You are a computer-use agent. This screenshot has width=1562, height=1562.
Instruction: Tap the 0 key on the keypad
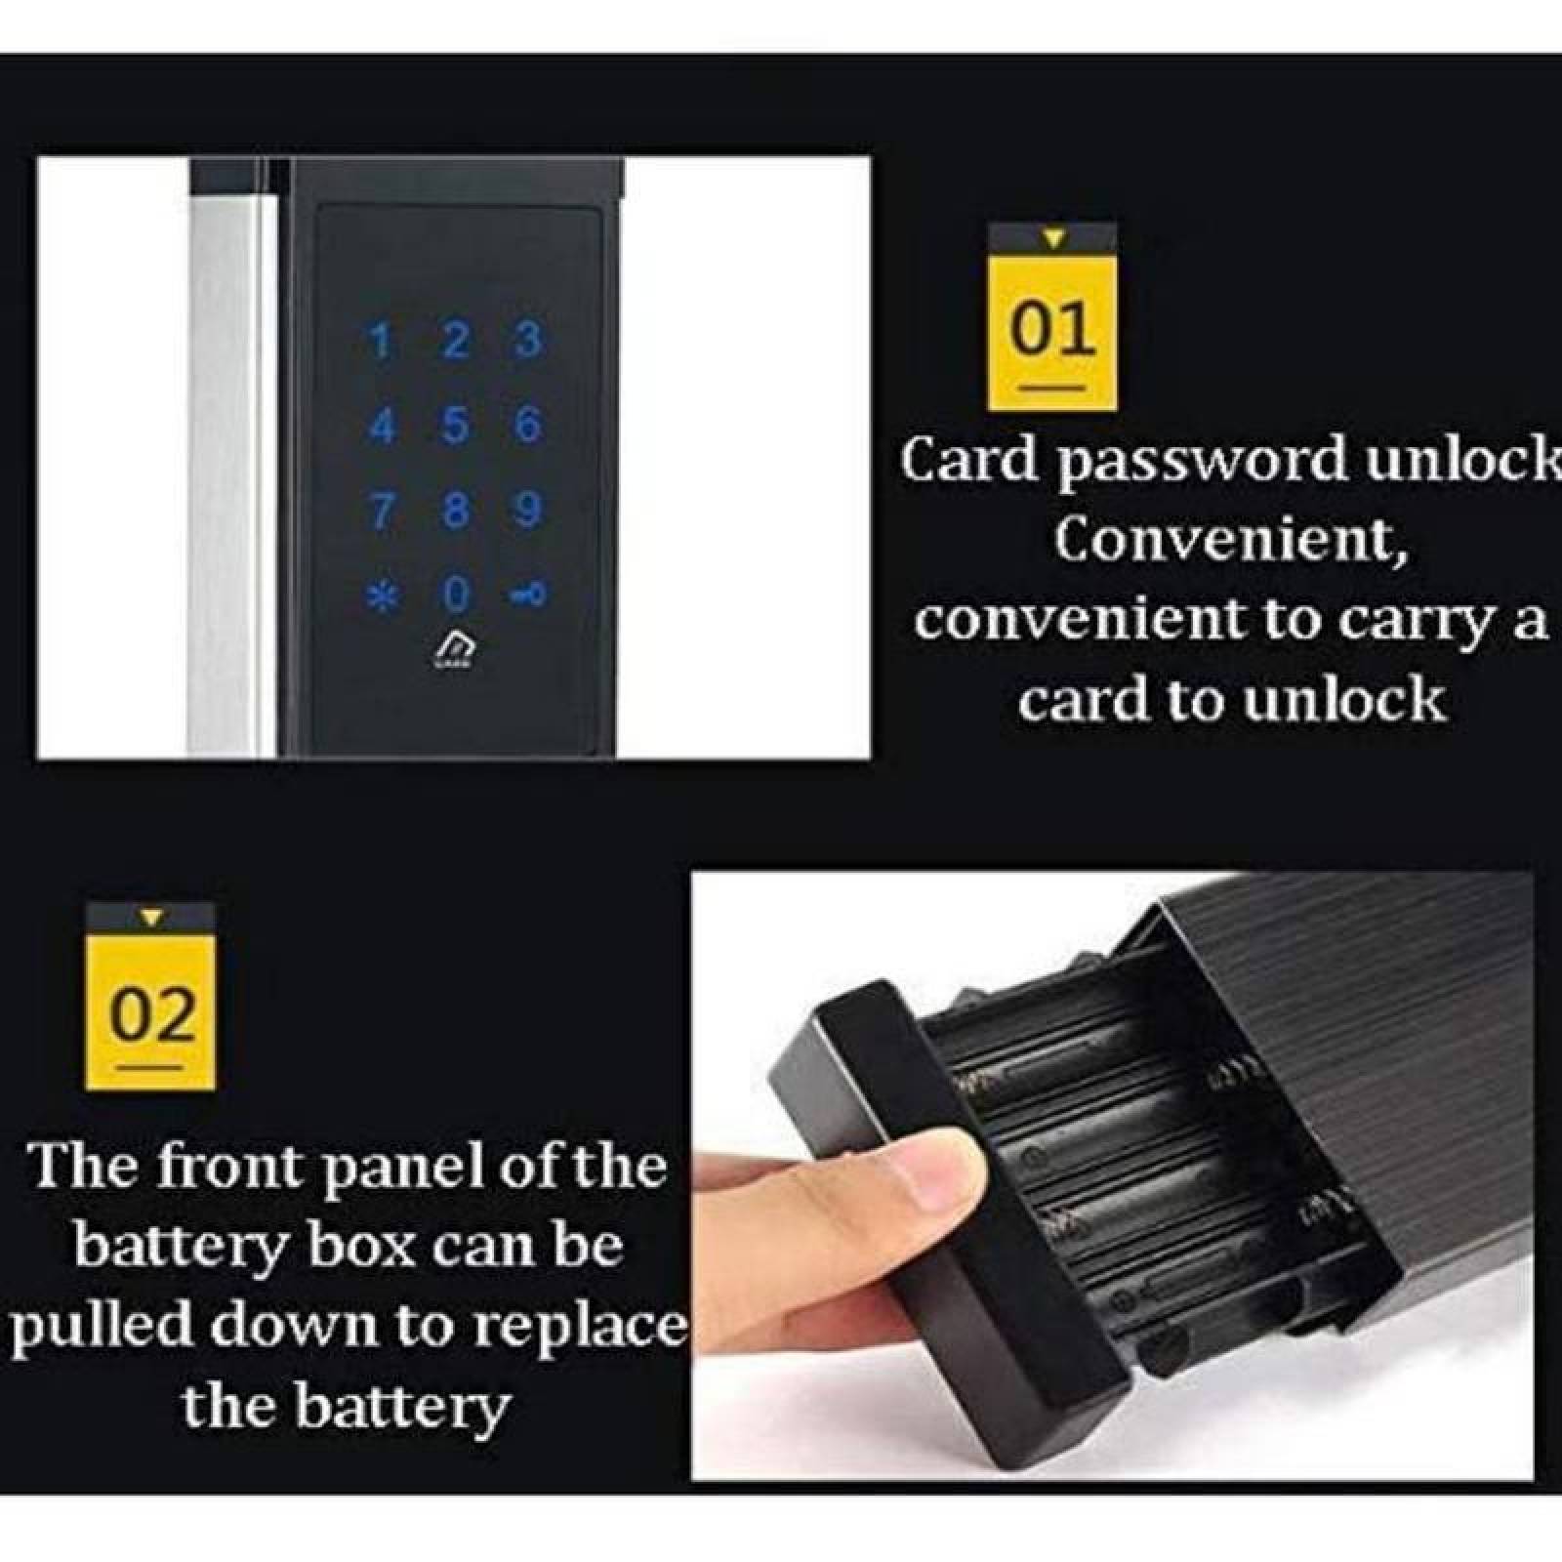click(456, 593)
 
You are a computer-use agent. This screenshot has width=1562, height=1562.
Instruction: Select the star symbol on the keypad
click(382, 595)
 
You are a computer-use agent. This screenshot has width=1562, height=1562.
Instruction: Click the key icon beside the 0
click(528, 593)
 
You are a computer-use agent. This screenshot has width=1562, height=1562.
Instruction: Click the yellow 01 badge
click(1051, 332)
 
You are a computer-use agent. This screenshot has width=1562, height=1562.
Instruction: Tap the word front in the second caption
click(230, 1167)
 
